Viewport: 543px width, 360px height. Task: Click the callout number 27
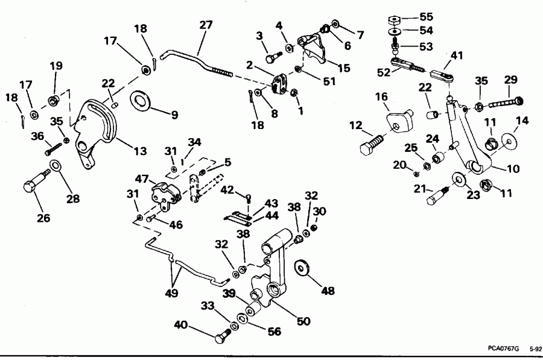click(x=206, y=25)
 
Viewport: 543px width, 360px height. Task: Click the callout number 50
click(x=303, y=321)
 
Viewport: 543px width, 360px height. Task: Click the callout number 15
click(x=344, y=68)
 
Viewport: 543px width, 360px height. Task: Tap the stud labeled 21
click(x=437, y=194)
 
